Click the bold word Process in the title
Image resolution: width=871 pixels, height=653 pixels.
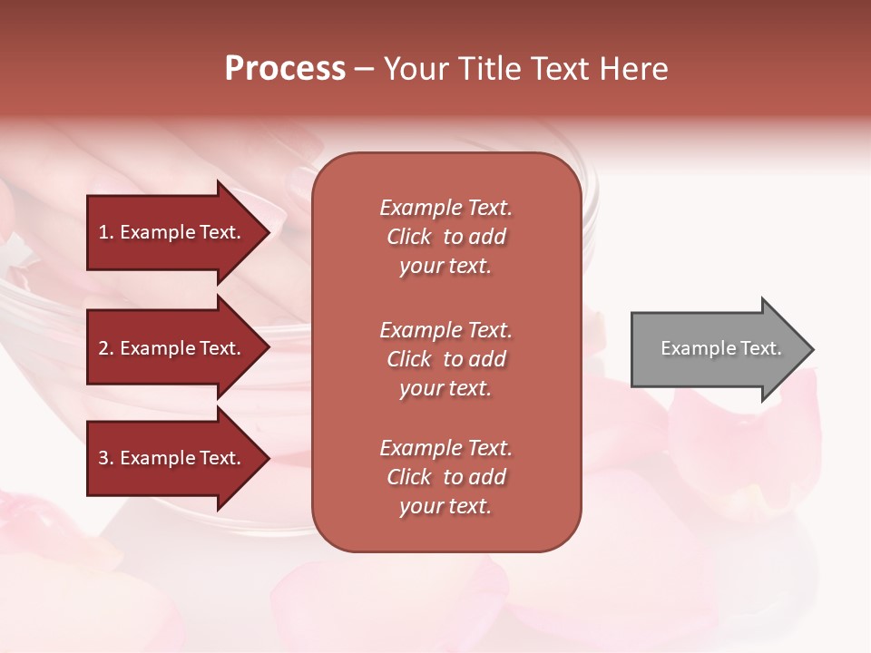(285, 69)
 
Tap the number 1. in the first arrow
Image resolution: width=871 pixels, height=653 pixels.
(106, 232)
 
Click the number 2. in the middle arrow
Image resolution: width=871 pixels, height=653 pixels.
(106, 348)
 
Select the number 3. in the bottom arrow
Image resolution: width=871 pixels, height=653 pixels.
(106, 458)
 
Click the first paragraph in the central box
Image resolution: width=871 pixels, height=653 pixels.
(445, 237)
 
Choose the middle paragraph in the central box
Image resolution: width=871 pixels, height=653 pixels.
(445, 359)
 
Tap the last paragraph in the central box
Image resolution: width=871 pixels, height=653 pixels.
(445, 477)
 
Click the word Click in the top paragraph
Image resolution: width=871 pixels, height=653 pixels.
(409, 237)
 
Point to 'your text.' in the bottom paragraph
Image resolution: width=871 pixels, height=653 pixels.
(445, 506)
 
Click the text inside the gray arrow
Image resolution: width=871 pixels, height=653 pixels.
(721, 348)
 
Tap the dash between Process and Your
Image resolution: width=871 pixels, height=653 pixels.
(363, 70)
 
